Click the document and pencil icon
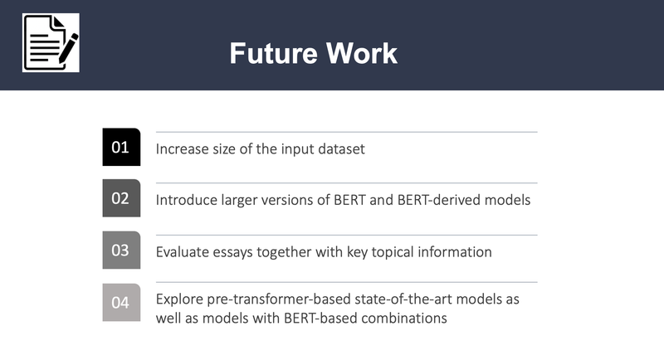(51, 42)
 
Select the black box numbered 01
(121, 148)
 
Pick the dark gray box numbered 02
(121, 198)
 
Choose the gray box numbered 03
(121, 250)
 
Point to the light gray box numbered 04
(121, 302)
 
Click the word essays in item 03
(234, 251)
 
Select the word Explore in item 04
(179, 299)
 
